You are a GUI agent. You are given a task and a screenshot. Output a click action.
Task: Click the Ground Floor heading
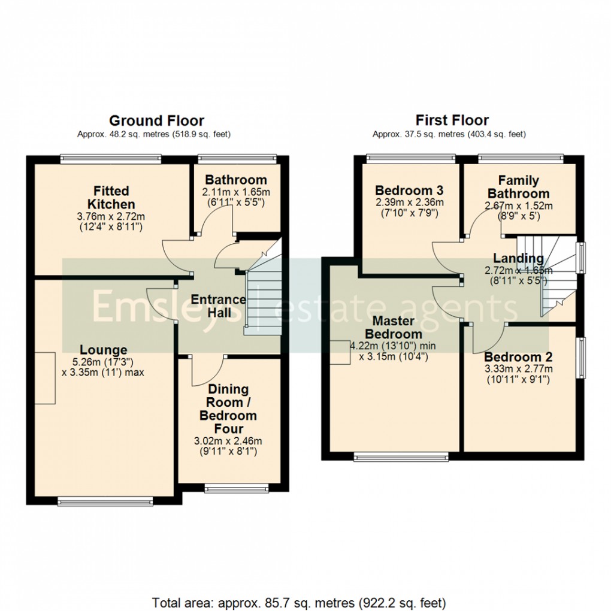pyautogui.click(x=156, y=121)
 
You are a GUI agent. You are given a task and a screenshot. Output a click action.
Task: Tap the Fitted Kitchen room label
pyautogui.click(x=111, y=197)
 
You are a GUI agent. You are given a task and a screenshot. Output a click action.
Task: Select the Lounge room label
pyautogui.click(x=104, y=350)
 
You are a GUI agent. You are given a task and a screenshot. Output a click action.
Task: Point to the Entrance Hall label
pyautogui.click(x=218, y=305)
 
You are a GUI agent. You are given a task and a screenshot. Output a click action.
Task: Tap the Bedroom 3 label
pyautogui.click(x=410, y=190)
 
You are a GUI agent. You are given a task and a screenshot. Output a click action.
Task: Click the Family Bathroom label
pyautogui.click(x=518, y=187)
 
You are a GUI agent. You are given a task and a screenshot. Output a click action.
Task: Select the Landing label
pyautogui.click(x=518, y=259)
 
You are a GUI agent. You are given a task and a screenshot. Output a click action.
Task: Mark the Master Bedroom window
pyautogui.click(x=402, y=458)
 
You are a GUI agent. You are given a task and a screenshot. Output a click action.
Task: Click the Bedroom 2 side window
pyautogui.click(x=580, y=358)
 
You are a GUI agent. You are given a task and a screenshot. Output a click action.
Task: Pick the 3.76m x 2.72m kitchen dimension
pyautogui.click(x=111, y=217)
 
